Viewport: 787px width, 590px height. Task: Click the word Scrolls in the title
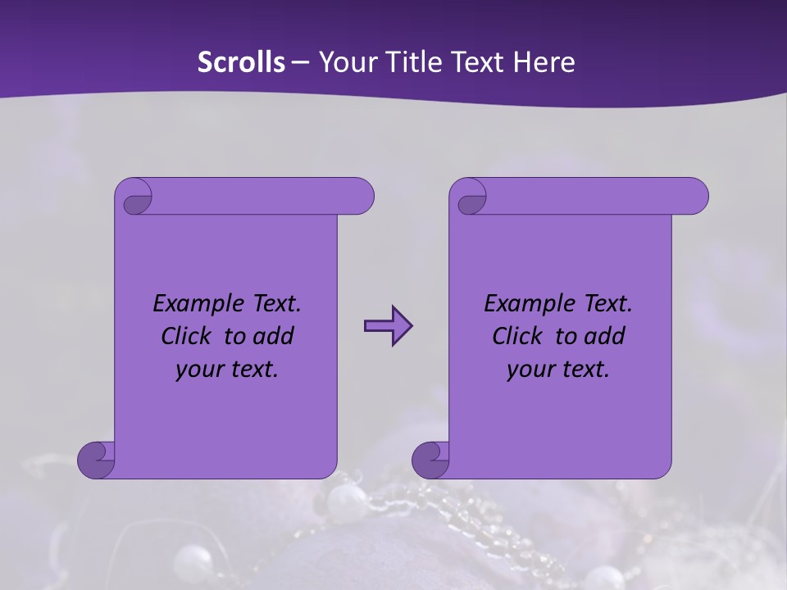241,61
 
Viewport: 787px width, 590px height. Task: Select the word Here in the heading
544,61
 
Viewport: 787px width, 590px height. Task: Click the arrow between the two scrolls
388,326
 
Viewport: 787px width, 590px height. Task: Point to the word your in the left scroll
197,370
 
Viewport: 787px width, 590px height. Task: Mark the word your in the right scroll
528,370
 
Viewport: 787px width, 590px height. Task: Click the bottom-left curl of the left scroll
96,459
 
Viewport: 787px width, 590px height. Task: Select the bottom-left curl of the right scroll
430,459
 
